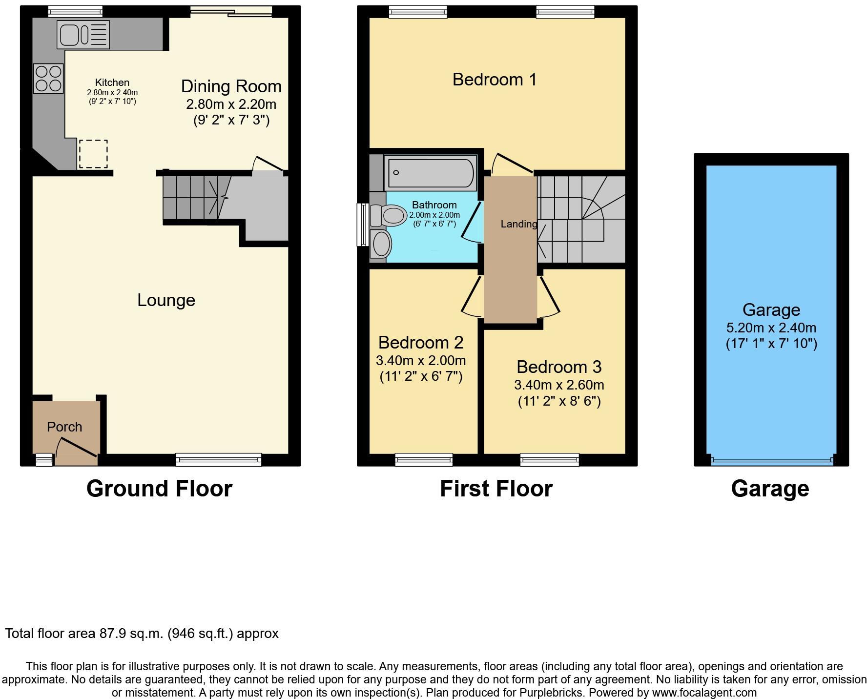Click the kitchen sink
point(83,35)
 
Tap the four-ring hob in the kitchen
point(48,79)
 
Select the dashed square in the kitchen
point(93,154)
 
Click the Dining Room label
point(231,86)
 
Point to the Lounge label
point(166,300)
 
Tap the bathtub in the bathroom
point(430,173)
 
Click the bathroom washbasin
point(381,244)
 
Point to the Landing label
point(518,224)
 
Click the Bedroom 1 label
point(494,80)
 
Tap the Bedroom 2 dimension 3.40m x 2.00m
point(420,361)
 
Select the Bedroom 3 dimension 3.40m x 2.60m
point(559,385)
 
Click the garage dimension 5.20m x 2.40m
point(771,328)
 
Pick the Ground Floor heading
point(159,489)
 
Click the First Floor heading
point(496,489)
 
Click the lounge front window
point(218,459)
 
